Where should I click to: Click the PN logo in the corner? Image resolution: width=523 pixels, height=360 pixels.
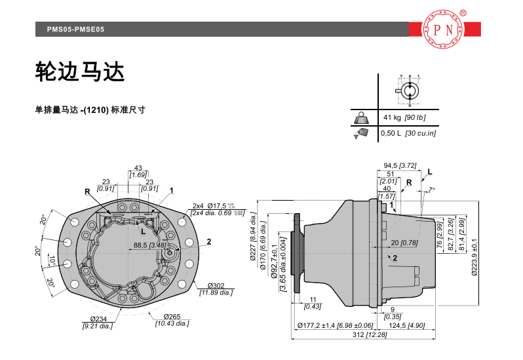coord(444,30)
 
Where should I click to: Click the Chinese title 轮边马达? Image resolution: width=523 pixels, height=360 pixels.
coord(79,73)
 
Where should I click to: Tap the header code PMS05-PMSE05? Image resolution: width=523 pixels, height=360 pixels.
coord(76,30)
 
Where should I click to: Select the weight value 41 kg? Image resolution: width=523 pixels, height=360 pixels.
coord(392,117)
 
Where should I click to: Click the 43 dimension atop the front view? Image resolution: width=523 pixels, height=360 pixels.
coord(138,168)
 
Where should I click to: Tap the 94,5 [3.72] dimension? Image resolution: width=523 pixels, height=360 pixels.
coord(399,165)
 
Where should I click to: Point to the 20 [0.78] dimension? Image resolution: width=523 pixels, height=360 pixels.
coord(409,243)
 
